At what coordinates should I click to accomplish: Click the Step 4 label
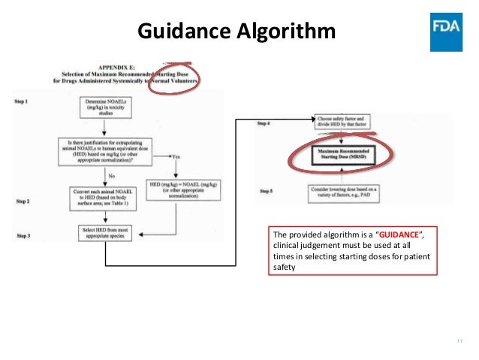point(264,123)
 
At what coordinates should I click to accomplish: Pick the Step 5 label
point(264,191)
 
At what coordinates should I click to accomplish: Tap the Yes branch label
point(176,156)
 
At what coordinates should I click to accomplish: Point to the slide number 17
point(459,342)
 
